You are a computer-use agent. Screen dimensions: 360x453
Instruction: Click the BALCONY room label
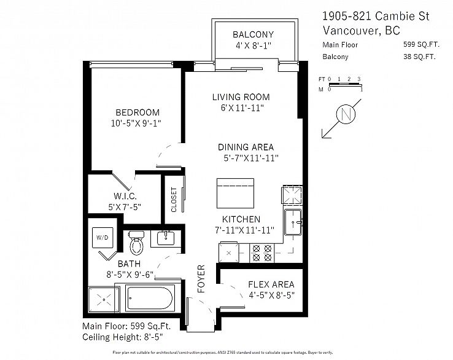click(253, 34)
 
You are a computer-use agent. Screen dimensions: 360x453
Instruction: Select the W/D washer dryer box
click(100, 237)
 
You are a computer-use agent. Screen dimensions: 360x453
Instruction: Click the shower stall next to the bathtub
click(104, 299)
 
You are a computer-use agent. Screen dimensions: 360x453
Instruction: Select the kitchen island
click(235, 194)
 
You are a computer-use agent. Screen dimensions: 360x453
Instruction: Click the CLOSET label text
click(174, 200)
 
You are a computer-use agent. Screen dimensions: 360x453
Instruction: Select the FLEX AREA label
click(271, 284)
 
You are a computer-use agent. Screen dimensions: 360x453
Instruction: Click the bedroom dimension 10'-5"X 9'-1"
click(138, 123)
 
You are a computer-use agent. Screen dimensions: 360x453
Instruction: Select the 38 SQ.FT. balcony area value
click(417, 57)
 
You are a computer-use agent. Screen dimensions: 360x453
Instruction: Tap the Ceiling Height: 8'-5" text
click(122, 337)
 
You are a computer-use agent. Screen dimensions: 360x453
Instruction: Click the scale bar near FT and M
click(345, 84)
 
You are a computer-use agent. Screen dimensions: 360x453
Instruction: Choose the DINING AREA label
click(246, 147)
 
